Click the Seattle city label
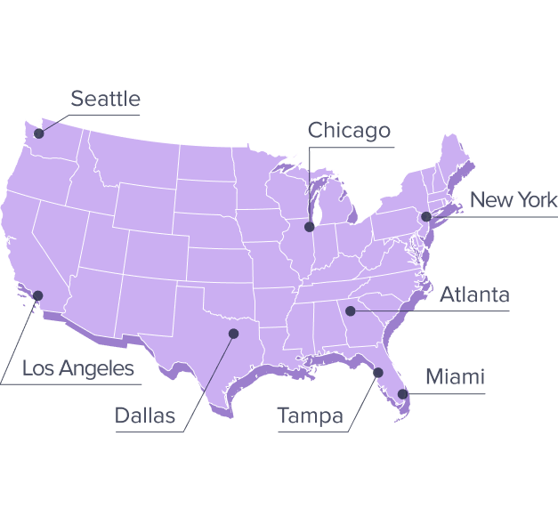coord(105,99)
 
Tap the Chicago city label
coord(349,131)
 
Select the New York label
coord(513,199)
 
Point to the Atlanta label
coord(474,294)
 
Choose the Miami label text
coord(455,377)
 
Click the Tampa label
coord(310,415)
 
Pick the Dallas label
coord(145,415)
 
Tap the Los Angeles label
coord(78,368)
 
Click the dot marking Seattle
coord(38,134)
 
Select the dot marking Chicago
coord(309,227)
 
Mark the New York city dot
coord(426,216)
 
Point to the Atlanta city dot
coord(351,310)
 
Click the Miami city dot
coord(402,393)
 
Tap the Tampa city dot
coord(378,372)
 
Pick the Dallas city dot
coord(234,334)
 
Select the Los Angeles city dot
coord(38,294)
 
